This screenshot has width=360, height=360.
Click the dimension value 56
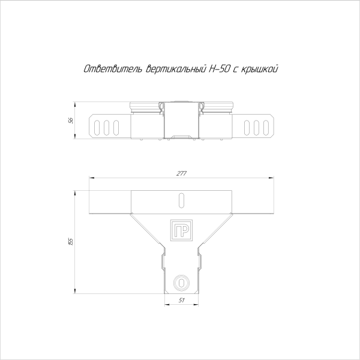71,121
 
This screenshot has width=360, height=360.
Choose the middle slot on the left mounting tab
107,127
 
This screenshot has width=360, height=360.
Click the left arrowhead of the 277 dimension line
91,178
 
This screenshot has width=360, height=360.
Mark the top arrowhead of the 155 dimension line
74,192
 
